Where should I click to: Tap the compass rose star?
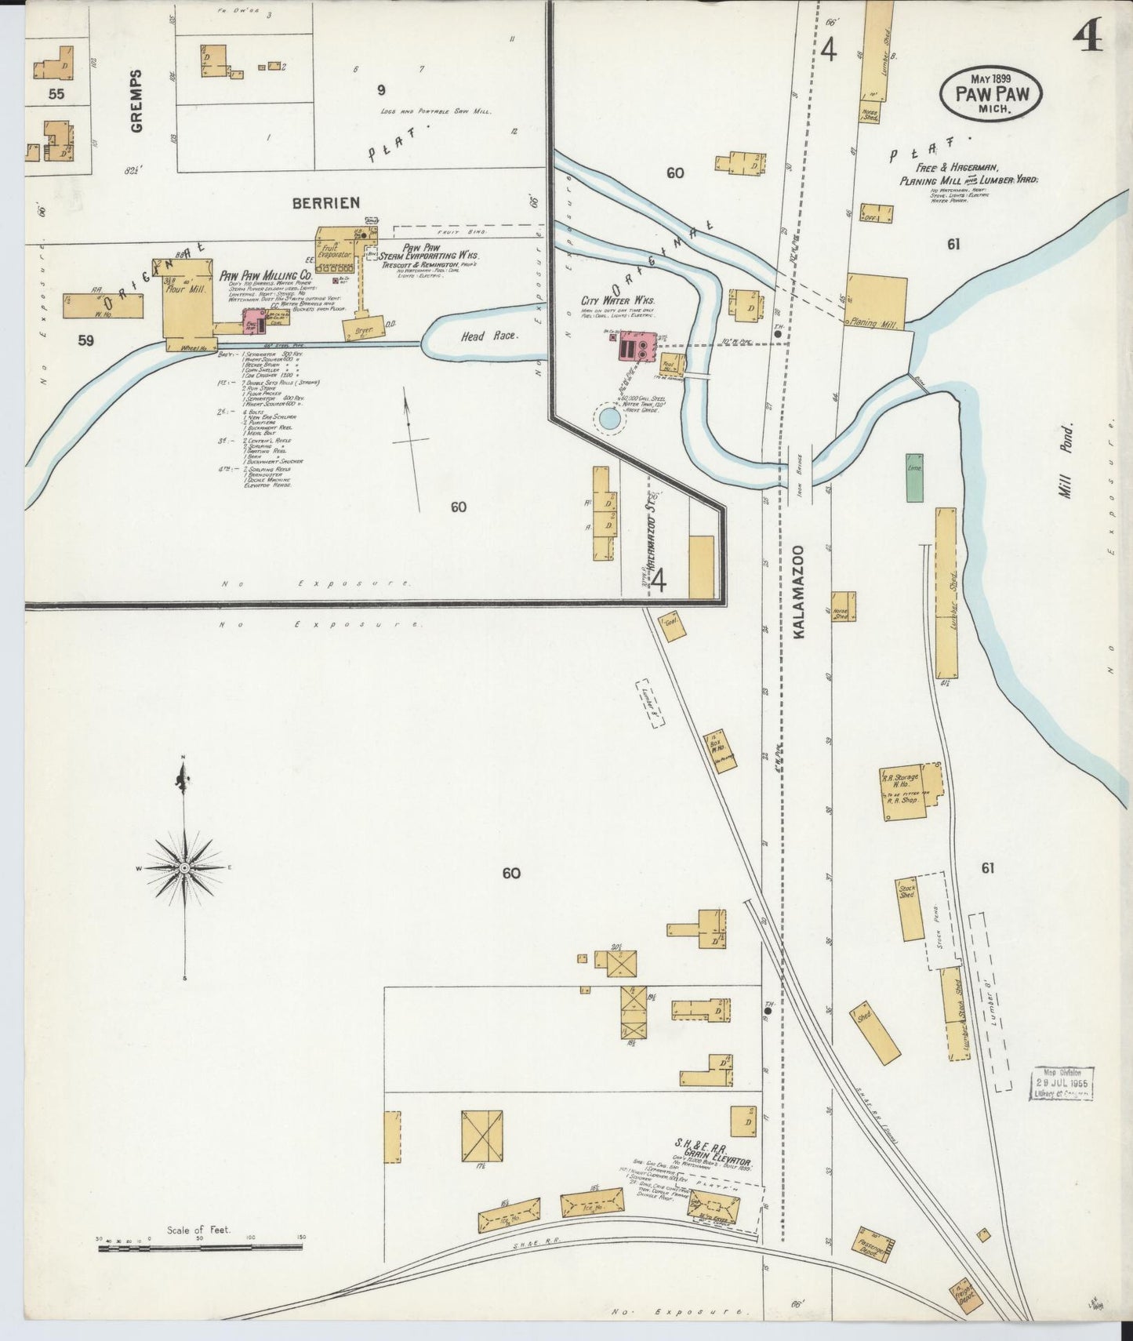(184, 867)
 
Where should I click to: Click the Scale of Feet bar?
(201, 1245)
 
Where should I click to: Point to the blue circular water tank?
(608, 418)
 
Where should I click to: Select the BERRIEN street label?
(326, 202)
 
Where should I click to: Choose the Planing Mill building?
(876, 301)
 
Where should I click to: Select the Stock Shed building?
(910, 908)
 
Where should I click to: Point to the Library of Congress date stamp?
(1063, 1083)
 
